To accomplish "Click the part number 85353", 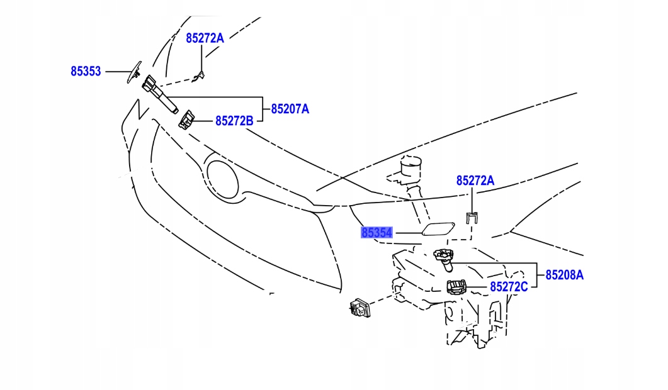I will pos(86,72).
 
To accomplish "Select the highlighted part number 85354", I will pos(376,233).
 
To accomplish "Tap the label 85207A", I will pos(290,109).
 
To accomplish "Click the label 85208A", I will pos(565,275).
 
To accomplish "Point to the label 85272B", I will pos(234,121).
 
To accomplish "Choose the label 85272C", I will pos(509,287).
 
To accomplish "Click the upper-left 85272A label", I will pos(205,38).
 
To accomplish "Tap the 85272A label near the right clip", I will pos(475,181).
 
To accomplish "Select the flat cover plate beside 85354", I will pos(436,228).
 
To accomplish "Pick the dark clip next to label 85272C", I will pos(456,287).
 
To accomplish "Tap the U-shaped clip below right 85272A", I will pos(472,218).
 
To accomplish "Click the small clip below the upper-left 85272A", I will pos(200,76).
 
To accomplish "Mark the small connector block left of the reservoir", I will pos(359,308).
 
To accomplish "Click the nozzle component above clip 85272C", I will pos(444,257).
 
